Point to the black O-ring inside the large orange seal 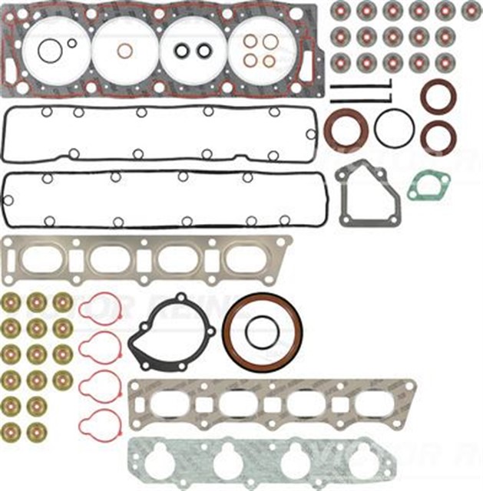click(262, 331)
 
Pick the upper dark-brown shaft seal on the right click(438, 96)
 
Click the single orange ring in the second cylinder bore click(124, 51)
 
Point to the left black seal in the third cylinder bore click(183, 51)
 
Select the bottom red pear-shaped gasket click(99, 421)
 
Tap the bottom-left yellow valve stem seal click(12, 430)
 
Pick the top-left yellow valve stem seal click(12, 302)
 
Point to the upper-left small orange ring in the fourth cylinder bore click(251, 42)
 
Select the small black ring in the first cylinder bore click(71, 44)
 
